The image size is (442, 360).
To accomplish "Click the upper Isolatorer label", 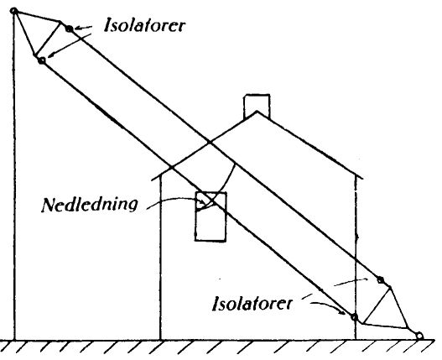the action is (x=144, y=25).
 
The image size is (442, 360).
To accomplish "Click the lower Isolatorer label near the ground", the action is (x=252, y=303).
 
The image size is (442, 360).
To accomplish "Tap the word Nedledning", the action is (x=90, y=205).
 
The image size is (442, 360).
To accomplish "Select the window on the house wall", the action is (x=211, y=217).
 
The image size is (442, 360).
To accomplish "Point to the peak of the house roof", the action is (x=257, y=112).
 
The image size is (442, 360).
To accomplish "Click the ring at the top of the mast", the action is (x=13, y=11).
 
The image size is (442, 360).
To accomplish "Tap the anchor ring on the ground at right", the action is (x=419, y=336).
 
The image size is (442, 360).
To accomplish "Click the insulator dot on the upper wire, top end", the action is (x=69, y=29).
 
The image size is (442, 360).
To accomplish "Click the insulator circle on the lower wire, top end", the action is (x=42, y=60).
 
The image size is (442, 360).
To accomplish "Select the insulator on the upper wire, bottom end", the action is (x=381, y=280).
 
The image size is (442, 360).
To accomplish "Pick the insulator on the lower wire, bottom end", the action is (x=354, y=317).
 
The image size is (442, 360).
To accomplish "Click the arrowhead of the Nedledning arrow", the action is (x=202, y=202).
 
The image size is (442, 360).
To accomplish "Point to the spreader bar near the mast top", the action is (x=47, y=39).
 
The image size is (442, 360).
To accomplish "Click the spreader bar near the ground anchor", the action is (x=377, y=305).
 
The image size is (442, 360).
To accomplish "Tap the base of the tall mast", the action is (x=14, y=340).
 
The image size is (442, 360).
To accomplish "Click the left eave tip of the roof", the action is (x=153, y=180).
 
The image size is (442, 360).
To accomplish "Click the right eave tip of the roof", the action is (x=362, y=178).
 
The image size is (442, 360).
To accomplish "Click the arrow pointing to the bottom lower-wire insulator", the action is (x=328, y=306).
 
